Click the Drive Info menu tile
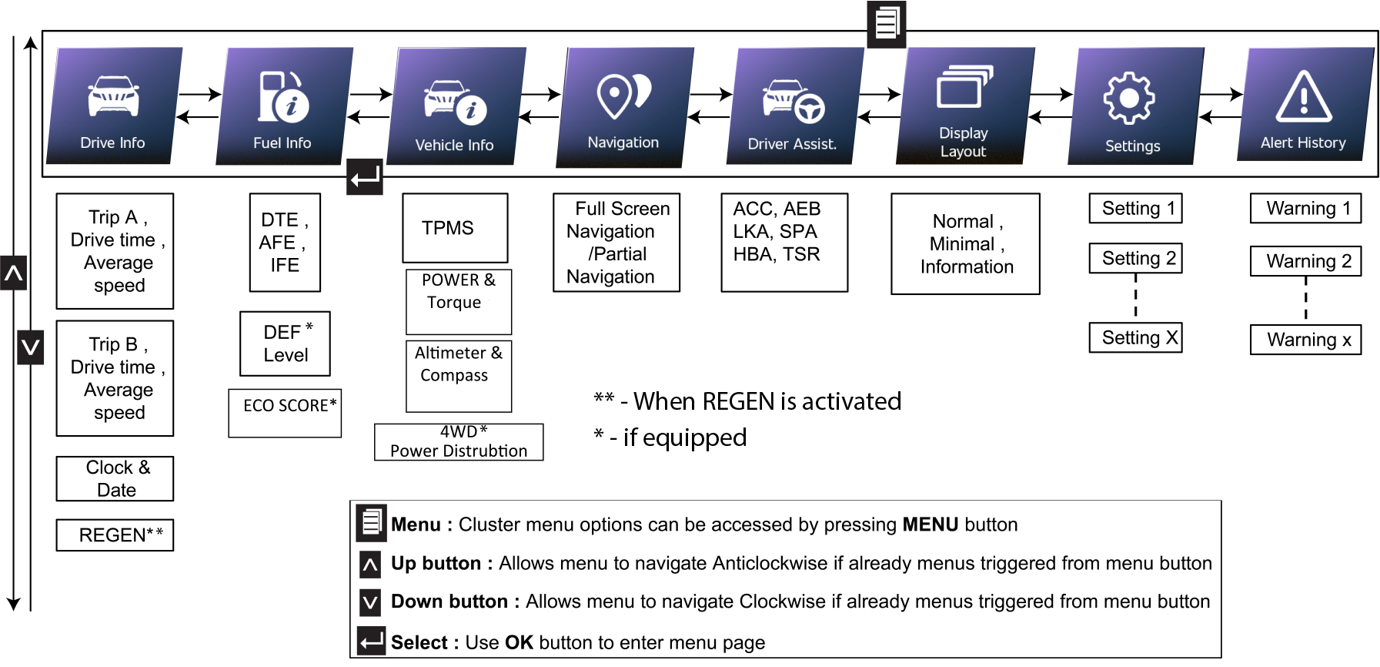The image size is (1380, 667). (x=114, y=106)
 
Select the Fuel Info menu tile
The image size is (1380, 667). (x=283, y=106)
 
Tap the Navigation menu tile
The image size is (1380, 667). (x=624, y=106)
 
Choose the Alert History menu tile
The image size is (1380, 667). (x=1305, y=104)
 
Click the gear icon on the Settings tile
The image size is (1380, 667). (x=1129, y=98)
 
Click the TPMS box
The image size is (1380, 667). (x=455, y=228)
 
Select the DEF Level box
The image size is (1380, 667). (x=286, y=344)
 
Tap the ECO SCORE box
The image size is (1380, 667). (x=285, y=413)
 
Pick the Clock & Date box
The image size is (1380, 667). (x=115, y=479)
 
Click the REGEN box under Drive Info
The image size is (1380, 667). (x=115, y=535)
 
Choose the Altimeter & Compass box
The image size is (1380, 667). (x=459, y=376)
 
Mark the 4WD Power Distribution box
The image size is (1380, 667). (x=459, y=442)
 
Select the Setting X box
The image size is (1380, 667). (x=1135, y=337)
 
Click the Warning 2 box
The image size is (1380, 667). (x=1305, y=261)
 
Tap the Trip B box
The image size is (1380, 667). (x=115, y=378)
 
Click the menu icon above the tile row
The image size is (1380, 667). (x=887, y=23)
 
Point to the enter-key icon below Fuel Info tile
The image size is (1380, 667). (x=365, y=177)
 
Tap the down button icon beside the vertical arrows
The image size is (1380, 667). (x=31, y=347)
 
